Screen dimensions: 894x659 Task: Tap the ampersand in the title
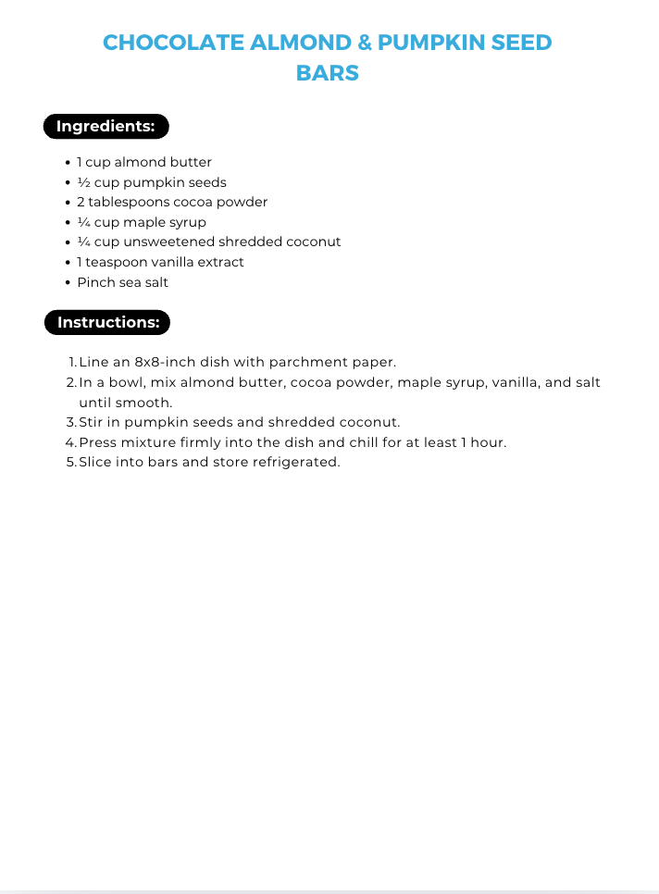(x=364, y=43)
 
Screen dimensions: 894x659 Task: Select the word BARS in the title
(x=328, y=73)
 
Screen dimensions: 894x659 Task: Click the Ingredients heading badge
(x=106, y=127)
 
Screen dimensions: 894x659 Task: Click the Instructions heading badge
(x=107, y=323)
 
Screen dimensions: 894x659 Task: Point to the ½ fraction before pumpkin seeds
(x=83, y=182)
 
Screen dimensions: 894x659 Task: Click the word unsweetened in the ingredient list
(x=169, y=242)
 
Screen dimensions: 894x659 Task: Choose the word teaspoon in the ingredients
(x=118, y=262)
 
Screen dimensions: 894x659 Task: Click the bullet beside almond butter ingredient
(x=68, y=163)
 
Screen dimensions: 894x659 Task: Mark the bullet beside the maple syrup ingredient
(x=68, y=223)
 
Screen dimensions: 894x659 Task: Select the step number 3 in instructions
(x=71, y=422)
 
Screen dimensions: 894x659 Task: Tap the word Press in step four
(x=98, y=442)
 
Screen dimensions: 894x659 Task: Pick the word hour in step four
(x=487, y=442)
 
